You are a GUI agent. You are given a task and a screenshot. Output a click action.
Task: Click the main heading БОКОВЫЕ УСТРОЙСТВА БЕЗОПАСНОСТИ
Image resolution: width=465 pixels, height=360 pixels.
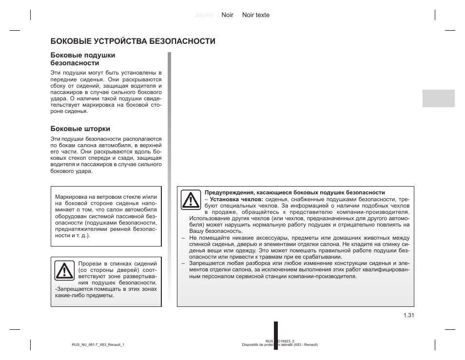pos(133,41)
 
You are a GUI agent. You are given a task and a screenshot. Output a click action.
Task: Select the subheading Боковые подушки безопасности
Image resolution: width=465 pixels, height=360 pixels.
pos(83,59)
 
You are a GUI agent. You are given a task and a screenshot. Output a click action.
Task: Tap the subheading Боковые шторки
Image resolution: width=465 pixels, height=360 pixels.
pos(80,129)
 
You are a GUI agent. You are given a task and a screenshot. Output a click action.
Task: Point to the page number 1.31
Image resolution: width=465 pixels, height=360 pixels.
pos(408,315)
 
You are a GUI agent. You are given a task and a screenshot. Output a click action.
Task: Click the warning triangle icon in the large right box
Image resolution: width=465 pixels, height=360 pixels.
pos(191,200)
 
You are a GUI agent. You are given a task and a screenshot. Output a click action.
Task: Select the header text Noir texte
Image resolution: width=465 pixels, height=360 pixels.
pos(255,15)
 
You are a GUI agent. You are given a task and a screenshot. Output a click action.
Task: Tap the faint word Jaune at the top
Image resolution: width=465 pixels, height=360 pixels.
pos(204,15)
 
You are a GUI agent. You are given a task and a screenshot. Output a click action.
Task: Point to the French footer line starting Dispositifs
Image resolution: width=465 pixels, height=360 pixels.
pos(280,345)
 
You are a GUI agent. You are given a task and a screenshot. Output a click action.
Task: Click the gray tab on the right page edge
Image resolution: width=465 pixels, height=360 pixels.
pos(438,98)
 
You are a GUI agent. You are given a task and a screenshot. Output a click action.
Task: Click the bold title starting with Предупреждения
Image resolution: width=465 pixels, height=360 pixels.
pos(294,192)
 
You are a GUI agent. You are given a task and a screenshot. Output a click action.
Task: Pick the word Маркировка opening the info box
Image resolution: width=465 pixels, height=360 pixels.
pos(71,197)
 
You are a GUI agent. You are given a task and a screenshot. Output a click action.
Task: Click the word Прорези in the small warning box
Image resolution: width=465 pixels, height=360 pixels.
pos(89,263)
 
